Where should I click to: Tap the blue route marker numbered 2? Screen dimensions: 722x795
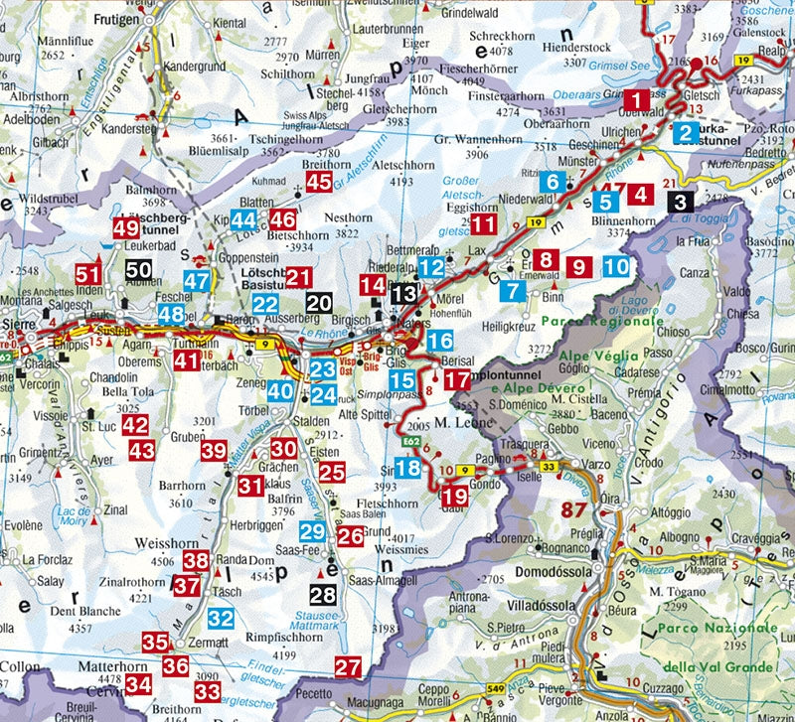click(x=684, y=132)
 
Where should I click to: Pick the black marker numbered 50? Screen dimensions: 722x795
click(x=139, y=268)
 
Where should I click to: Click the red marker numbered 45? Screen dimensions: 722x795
click(x=319, y=182)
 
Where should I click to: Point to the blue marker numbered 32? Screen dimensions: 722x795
click(x=221, y=618)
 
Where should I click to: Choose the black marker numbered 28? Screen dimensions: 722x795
click(x=322, y=595)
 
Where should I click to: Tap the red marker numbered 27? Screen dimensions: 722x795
click(x=347, y=666)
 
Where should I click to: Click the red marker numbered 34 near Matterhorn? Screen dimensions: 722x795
click(x=138, y=683)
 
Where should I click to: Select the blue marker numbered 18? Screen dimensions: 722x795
click(x=407, y=468)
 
